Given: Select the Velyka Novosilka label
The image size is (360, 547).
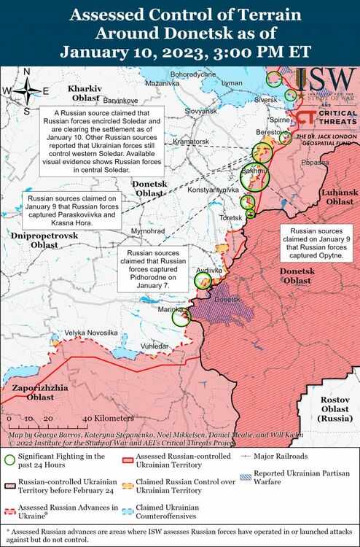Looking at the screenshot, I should point(91,333).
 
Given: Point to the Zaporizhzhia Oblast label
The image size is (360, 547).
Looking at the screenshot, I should point(36,392).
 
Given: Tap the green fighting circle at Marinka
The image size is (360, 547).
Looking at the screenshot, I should point(181,316).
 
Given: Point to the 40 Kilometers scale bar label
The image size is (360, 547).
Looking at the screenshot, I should point(108,419).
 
